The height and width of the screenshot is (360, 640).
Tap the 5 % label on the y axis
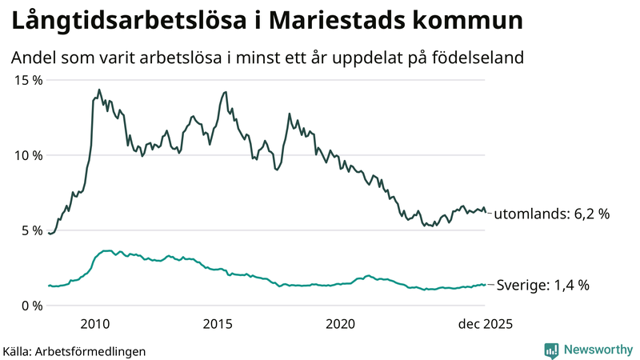pos(30,230)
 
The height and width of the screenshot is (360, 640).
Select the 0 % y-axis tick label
pos(30,306)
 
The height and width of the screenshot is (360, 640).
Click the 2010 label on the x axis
pos(95,324)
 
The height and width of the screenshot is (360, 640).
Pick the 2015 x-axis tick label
pos(218,324)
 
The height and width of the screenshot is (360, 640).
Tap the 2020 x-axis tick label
pos(341,324)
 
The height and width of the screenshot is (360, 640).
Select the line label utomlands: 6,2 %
pos(552,214)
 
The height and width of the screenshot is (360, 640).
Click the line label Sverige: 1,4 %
pos(543,285)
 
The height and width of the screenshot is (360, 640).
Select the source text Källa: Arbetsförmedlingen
pos(74,350)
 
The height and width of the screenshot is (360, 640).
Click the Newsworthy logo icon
pos(551,350)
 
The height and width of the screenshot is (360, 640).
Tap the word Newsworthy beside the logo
pos(597,350)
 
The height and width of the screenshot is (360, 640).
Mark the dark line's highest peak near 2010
pos(99,90)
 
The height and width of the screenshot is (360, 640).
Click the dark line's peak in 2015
pos(226,92)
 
